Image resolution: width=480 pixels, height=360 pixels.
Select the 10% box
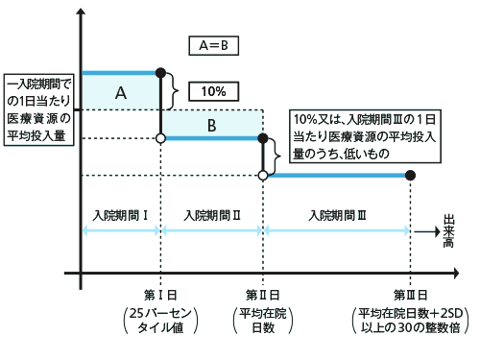tap(213, 91)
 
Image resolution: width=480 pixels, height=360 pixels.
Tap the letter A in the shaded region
tap(121, 92)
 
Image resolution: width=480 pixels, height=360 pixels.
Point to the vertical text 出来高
tap(447, 229)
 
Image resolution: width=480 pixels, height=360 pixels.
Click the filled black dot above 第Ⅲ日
tap(411, 176)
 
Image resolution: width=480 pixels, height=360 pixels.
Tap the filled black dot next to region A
tap(160, 72)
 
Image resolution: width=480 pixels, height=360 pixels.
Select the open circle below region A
tap(160, 139)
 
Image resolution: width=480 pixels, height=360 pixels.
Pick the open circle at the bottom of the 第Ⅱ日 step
tap(263, 176)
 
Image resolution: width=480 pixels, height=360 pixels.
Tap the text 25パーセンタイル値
tap(160, 322)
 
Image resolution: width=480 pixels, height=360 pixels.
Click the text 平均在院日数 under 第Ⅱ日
tap(262, 322)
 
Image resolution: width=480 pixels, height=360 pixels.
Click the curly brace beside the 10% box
tap(175, 91)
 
